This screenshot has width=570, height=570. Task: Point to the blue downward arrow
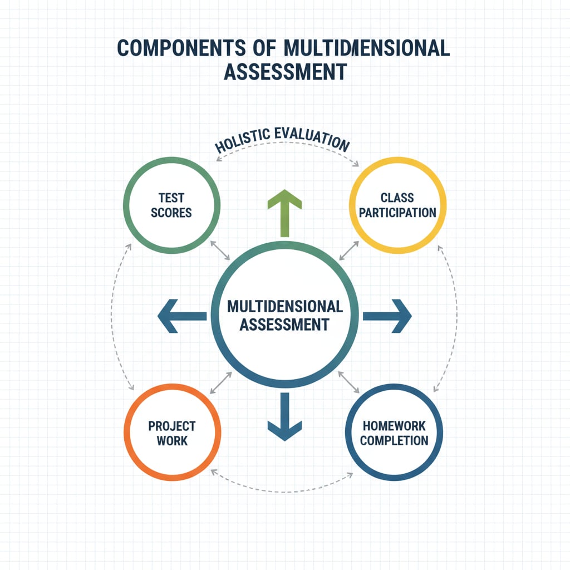[x=284, y=417]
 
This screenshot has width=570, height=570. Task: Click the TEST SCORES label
[x=171, y=205]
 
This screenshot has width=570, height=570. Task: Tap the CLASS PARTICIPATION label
[x=397, y=205]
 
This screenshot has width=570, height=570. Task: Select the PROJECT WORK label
[x=172, y=433]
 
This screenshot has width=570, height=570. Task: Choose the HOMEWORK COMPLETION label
[x=395, y=433]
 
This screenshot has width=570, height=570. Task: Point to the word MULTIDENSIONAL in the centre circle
[x=284, y=306]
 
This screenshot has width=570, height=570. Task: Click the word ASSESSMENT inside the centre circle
[x=284, y=324]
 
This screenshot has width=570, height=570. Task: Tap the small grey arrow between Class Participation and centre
[x=349, y=250]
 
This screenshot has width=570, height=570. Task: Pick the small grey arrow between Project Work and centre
[x=221, y=382]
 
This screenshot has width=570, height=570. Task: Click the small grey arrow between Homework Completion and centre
[x=349, y=382]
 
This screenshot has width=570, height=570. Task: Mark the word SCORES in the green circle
[x=171, y=213]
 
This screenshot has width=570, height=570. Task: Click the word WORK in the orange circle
[x=172, y=441]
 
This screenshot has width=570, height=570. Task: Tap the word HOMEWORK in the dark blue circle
[x=395, y=426]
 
